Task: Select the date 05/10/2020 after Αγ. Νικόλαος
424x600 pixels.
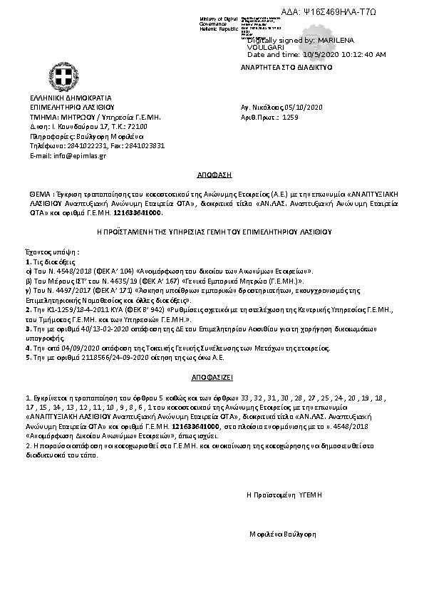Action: click(x=306, y=107)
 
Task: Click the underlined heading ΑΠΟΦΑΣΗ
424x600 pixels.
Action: click(x=212, y=175)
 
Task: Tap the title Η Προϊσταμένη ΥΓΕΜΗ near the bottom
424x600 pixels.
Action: click(x=285, y=493)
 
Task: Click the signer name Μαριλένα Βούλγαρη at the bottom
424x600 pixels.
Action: click(x=283, y=534)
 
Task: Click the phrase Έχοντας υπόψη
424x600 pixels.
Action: click(x=51, y=252)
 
